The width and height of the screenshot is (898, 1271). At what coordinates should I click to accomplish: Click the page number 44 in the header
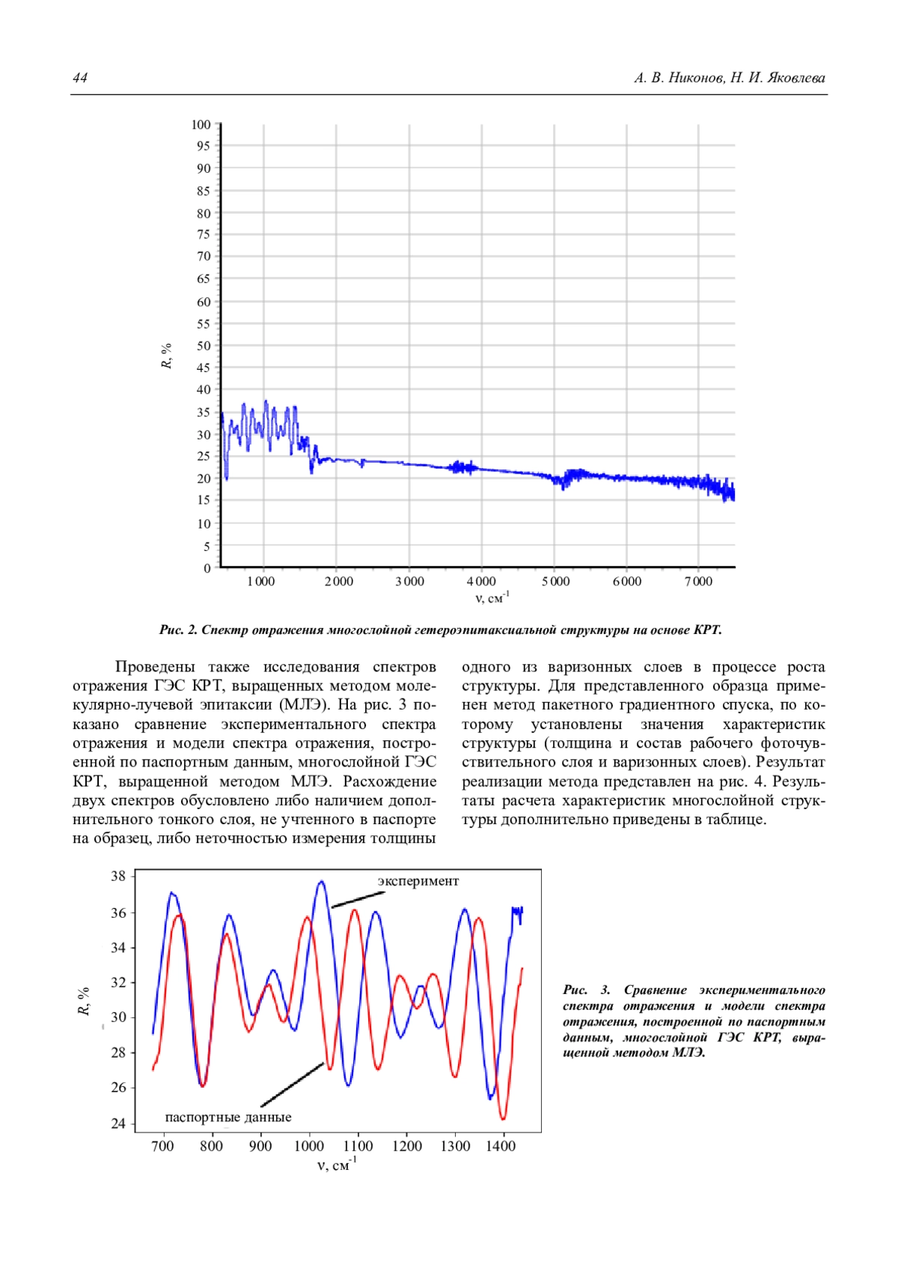[x=80, y=78]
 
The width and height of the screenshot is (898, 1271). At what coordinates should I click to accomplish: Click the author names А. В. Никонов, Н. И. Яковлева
[x=730, y=78]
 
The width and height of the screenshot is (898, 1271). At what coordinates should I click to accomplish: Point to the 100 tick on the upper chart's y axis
[x=201, y=124]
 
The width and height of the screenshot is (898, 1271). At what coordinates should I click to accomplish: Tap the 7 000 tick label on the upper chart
[x=698, y=582]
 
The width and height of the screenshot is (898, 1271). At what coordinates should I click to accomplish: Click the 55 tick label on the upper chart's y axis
[x=204, y=324]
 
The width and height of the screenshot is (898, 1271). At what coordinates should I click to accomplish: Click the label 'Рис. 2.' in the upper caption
[x=178, y=630]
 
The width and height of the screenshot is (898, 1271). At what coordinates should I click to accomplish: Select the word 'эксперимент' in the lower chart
[x=418, y=881]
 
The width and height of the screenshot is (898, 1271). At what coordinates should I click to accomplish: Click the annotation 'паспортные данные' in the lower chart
[x=228, y=1118]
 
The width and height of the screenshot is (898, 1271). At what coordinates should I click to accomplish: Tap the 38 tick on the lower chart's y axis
[x=118, y=876]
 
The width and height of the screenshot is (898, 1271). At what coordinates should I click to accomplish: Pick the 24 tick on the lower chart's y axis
[x=118, y=1124]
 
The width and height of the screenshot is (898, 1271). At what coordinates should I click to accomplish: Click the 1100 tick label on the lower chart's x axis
[x=358, y=1147]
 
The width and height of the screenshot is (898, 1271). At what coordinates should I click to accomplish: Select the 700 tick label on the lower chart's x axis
[x=162, y=1147]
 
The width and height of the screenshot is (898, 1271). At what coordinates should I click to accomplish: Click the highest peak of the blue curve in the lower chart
[x=322, y=882]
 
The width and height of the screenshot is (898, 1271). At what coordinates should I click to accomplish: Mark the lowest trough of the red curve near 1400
[x=503, y=1119]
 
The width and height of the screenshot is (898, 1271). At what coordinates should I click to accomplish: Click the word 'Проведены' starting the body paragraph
[x=155, y=667]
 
